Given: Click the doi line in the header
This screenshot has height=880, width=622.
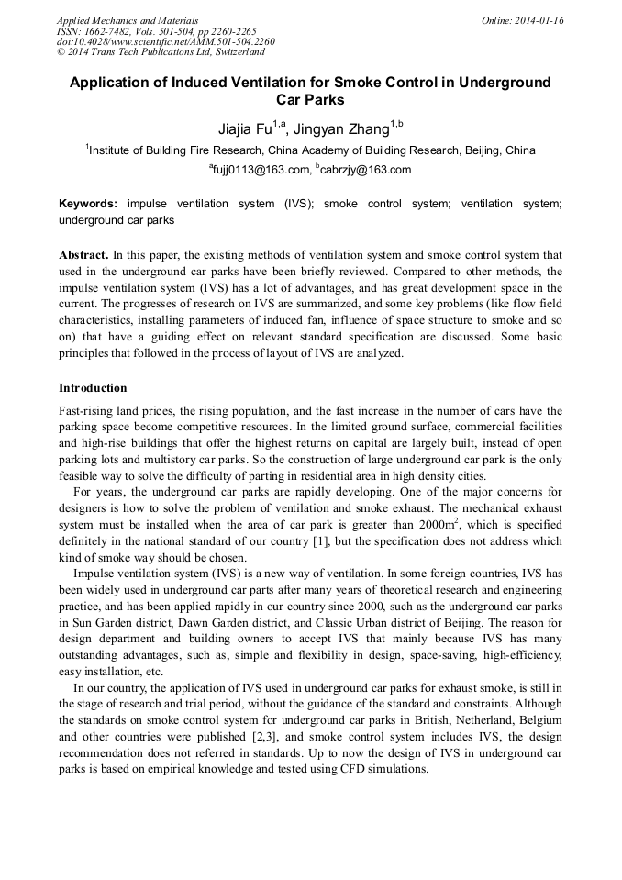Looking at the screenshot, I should click(165, 41).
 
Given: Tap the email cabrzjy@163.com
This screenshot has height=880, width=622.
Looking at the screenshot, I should click(366, 170).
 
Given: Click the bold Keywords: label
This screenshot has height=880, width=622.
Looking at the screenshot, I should click(90, 204).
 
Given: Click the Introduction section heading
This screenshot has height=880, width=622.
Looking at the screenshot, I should click(93, 388).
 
